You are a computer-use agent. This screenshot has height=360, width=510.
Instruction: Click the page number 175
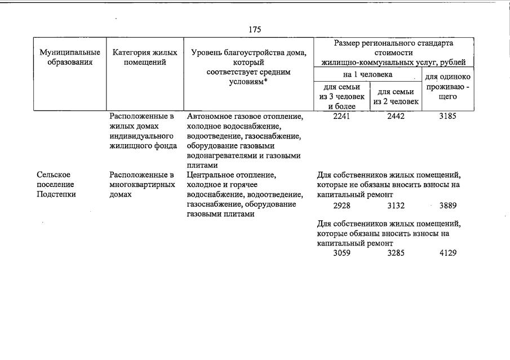tap(255, 29)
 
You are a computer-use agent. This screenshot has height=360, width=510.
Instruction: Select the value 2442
tap(396, 117)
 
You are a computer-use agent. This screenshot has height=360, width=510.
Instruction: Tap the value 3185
tap(447, 117)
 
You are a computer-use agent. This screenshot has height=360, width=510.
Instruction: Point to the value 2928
tap(342, 206)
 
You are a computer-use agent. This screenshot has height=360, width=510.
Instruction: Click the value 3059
tap(342, 253)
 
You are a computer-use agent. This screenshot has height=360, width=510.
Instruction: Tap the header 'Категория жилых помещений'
tap(145, 57)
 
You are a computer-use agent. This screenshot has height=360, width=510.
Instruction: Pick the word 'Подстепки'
tap(56, 194)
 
